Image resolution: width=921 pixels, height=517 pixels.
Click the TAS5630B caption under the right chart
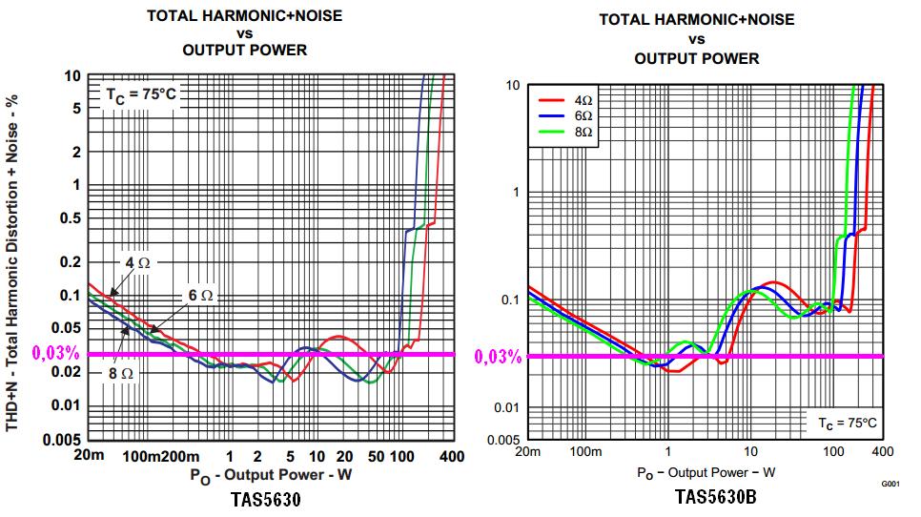tap(715, 497)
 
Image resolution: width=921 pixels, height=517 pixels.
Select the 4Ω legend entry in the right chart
tap(583, 99)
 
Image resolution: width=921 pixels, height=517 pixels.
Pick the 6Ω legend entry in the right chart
tap(583, 115)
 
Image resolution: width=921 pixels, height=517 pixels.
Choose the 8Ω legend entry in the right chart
tap(583, 132)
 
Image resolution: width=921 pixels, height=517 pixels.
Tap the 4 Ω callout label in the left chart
tap(136, 261)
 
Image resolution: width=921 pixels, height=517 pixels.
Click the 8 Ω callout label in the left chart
tap(121, 373)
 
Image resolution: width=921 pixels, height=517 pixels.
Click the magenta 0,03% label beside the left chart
tap(55, 353)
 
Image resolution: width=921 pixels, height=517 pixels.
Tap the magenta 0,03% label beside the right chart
tap(498, 357)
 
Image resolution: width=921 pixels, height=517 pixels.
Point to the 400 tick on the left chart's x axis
tap(451, 456)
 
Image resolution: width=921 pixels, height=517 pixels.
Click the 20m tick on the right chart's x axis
tap(527, 451)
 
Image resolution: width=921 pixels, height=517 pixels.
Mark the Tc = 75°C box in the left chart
tap(141, 95)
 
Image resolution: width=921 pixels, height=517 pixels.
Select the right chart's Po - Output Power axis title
tap(706, 472)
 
